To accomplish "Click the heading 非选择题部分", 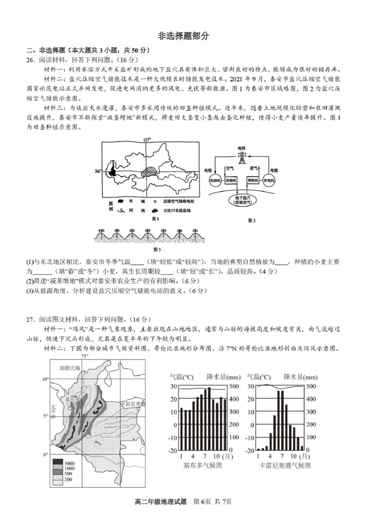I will point(183,37).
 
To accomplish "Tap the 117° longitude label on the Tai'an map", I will point(147,138).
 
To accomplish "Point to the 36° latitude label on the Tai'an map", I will point(97,171).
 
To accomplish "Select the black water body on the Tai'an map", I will point(112,173).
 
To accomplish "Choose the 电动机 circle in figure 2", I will point(215,181).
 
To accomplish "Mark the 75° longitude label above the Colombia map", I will point(84,356).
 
